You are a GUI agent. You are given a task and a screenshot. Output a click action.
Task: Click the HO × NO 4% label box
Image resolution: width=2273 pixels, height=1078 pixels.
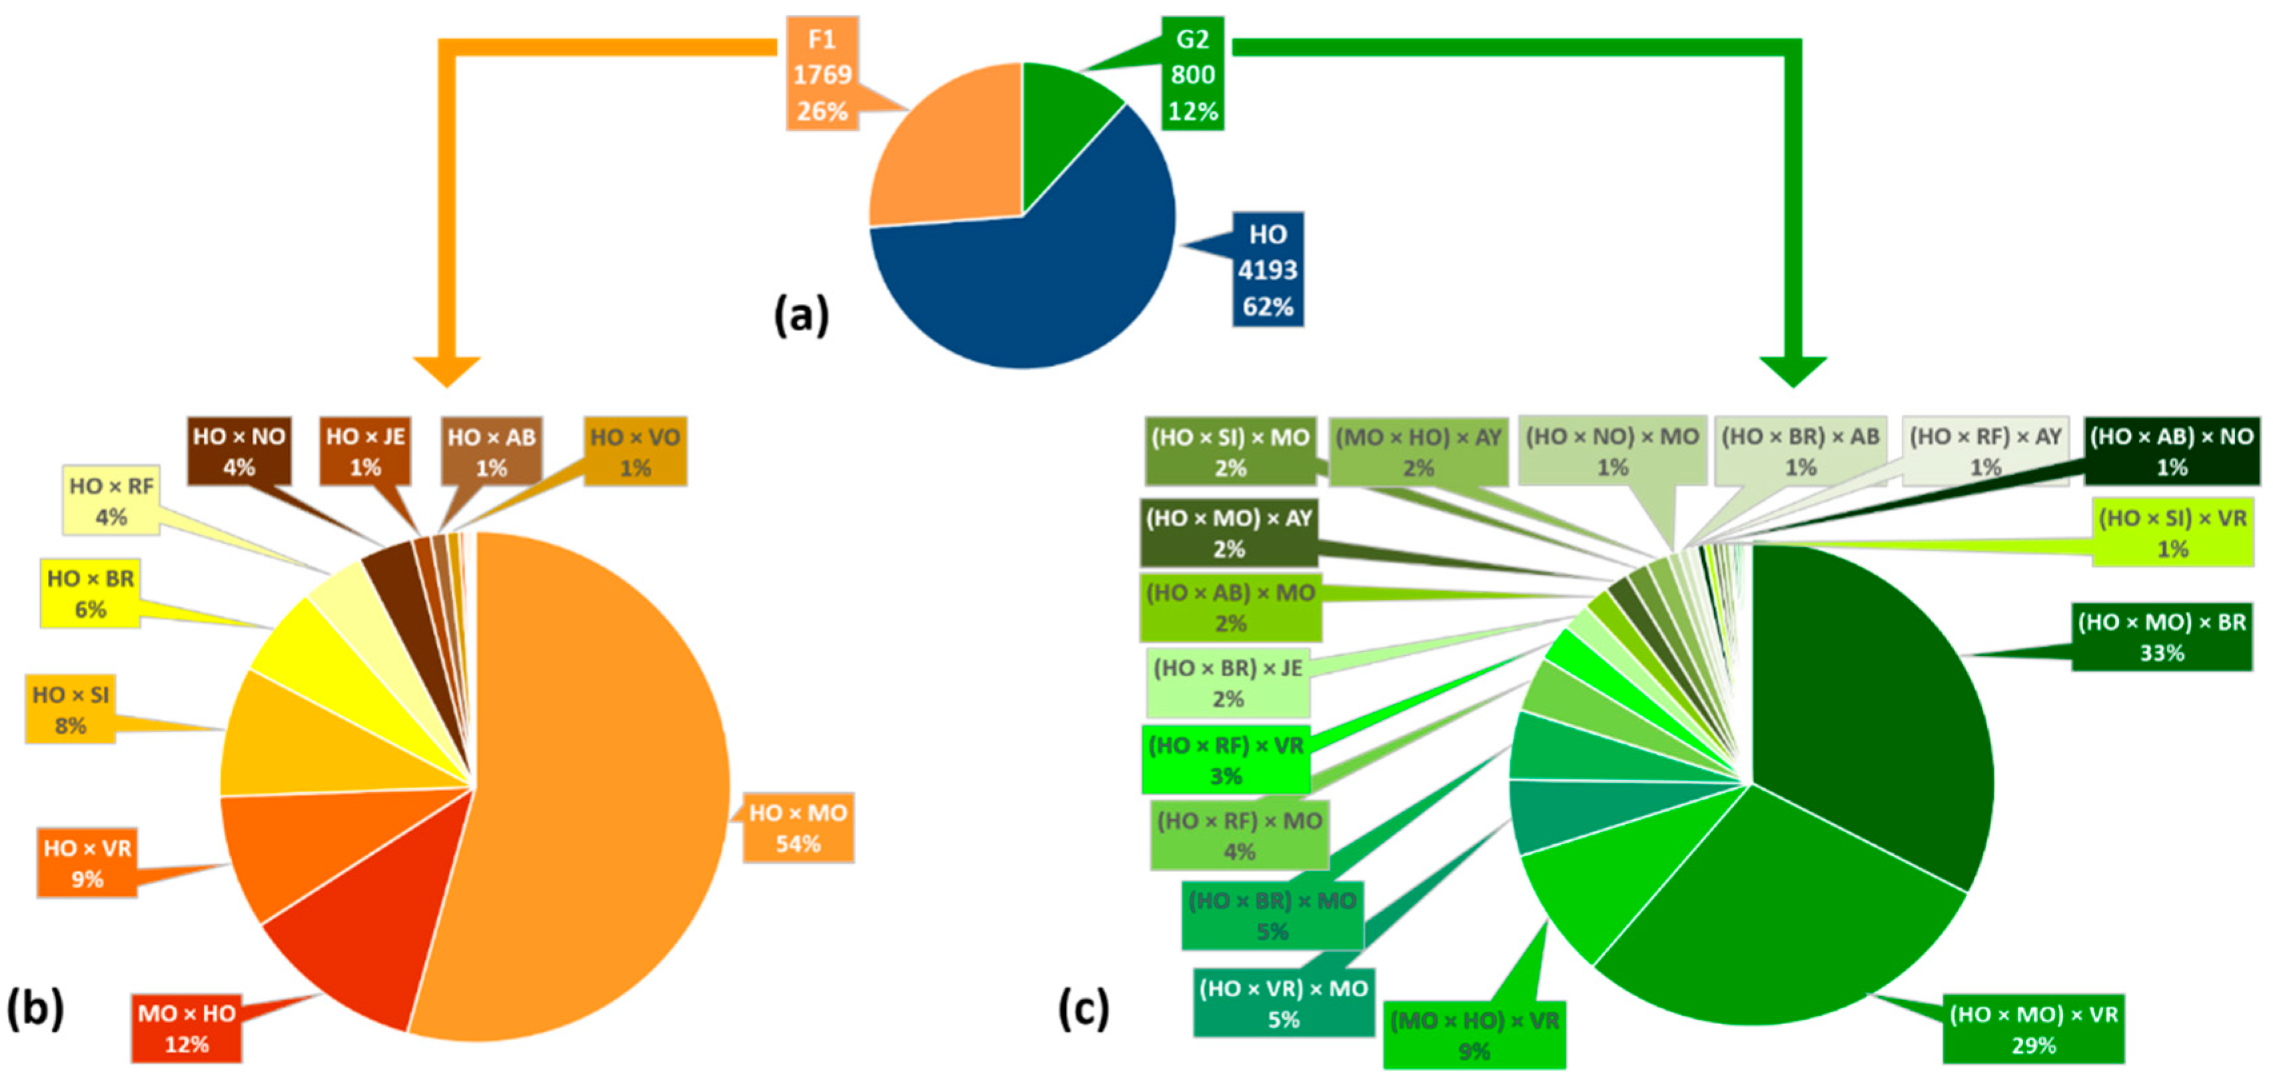tap(239, 451)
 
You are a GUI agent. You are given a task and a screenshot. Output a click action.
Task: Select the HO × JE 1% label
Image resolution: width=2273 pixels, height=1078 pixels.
tap(365, 451)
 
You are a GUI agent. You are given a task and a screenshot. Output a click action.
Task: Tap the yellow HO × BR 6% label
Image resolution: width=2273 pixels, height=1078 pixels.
tap(90, 593)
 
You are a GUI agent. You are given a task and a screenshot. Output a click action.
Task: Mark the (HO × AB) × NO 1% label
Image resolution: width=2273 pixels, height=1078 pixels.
tap(2172, 451)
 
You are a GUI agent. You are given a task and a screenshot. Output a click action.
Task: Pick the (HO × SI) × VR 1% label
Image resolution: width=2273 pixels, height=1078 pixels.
tap(2172, 533)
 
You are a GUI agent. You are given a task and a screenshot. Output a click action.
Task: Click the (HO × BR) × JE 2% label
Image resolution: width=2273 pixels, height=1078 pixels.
tap(1227, 683)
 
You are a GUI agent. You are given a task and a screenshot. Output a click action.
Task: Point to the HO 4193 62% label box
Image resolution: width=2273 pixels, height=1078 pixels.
tap(1267, 269)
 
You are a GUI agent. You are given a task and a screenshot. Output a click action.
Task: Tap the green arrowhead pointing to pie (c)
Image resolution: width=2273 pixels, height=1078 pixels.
tap(1793, 370)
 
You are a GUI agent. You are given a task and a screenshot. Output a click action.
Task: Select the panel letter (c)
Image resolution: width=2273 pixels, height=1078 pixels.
tap(1084, 1008)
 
